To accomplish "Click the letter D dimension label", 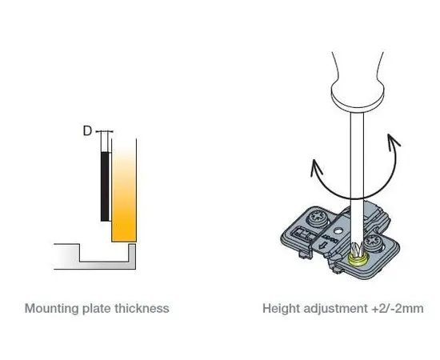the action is tap(87, 130).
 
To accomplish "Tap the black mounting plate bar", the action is tap(105, 186).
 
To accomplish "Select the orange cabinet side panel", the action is tap(124, 190).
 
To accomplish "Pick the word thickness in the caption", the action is tap(142, 308).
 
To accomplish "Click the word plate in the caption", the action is tap(97, 309).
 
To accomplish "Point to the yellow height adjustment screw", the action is tap(356, 260).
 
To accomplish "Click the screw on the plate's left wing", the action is tap(318, 218).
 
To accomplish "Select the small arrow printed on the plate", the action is tap(323, 246).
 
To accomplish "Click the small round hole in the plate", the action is tap(338, 231).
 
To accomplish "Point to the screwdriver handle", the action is tap(358, 82).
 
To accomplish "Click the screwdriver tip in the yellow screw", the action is tap(357, 250).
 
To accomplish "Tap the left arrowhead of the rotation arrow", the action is tap(316, 167).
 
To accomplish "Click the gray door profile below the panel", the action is tap(95, 257).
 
